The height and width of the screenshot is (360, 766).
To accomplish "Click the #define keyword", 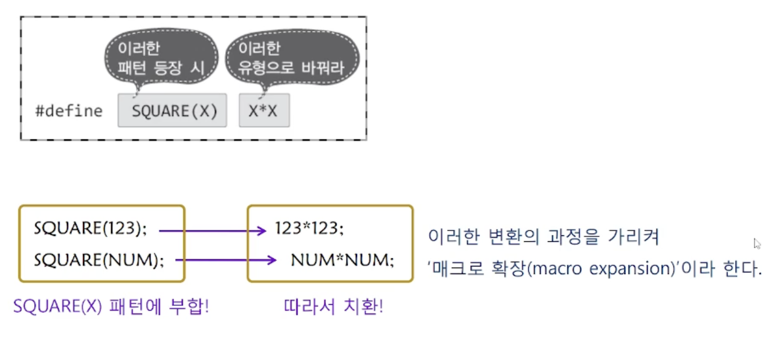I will (68, 111).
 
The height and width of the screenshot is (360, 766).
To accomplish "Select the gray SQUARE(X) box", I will (172, 111).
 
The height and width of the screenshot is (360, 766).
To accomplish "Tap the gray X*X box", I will (264, 111).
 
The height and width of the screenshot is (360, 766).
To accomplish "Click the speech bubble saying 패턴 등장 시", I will (160, 59).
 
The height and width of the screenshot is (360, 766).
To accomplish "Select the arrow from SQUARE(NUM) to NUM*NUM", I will (226, 259).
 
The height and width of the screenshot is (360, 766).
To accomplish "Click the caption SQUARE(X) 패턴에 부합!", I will (111, 307).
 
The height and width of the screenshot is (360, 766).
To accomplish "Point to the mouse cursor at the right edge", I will (757, 244).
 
